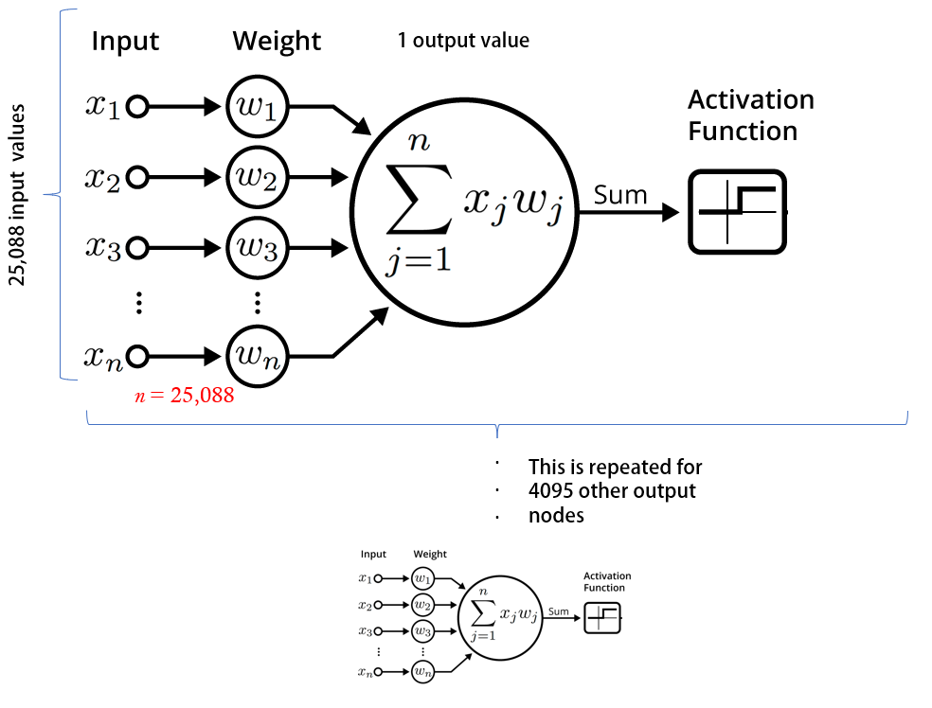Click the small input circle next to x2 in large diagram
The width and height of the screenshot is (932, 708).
pyautogui.click(x=137, y=177)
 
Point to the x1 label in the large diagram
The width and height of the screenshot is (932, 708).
pyautogui.click(x=102, y=106)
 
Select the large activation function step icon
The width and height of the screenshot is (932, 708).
pyautogui.click(x=738, y=212)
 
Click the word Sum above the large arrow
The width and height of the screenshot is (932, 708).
pyautogui.click(x=620, y=195)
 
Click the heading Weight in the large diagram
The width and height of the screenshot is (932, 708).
pyautogui.click(x=277, y=42)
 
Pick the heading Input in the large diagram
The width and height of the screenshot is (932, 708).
pyautogui.click(x=125, y=42)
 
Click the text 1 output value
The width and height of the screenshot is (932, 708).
pyautogui.click(x=463, y=41)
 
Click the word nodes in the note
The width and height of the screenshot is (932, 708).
pyautogui.click(x=556, y=516)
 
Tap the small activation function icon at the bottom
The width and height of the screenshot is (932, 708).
pyautogui.click(x=602, y=617)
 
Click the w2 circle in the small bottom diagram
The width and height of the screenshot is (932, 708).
pyautogui.click(x=421, y=604)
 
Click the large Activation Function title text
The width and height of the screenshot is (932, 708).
pyautogui.click(x=750, y=115)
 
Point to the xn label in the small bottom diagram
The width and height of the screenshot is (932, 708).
pyautogui.click(x=365, y=671)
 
